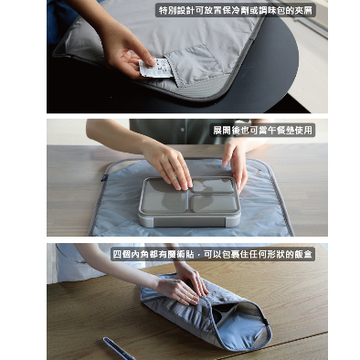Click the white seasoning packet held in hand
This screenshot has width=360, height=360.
156,69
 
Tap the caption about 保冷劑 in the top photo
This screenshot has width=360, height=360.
236,10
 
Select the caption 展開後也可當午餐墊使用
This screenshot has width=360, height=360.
262,131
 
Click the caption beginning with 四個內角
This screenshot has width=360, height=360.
212,254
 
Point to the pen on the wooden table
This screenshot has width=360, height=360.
119,348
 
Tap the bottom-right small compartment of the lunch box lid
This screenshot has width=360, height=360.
215,203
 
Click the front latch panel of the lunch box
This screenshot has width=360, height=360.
189,221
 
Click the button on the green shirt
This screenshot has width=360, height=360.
183,130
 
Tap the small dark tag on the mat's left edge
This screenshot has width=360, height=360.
104,177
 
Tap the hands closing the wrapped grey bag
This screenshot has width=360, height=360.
183,285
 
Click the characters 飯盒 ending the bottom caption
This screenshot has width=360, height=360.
304,254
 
